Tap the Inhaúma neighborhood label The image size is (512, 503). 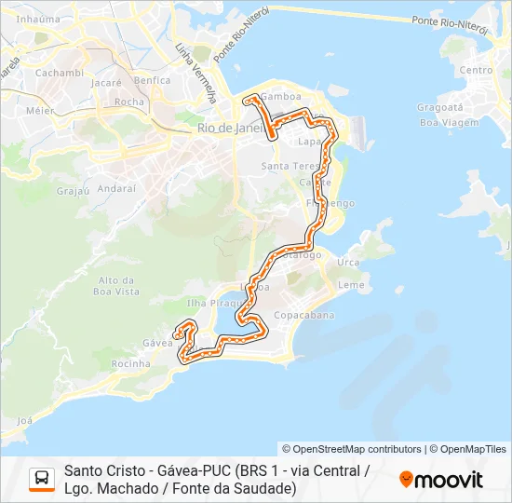38,19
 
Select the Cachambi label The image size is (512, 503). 61,73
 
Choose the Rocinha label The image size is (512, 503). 130,364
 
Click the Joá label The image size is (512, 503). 24,421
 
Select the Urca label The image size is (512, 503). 348,263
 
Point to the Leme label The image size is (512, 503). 351,285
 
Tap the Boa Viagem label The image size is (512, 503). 442,122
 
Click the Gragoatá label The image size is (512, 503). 436,107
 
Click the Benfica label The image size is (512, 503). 152,81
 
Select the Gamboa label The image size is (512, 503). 279,96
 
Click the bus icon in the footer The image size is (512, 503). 42,479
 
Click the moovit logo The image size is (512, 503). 441,480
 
